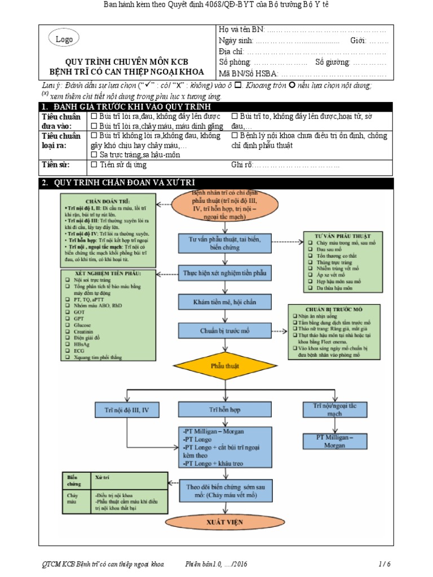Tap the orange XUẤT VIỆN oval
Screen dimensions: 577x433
(225, 522)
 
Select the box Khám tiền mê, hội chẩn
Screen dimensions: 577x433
(225, 302)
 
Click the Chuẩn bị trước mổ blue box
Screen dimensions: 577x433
(225, 331)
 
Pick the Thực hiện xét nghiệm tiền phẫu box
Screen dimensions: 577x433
(225, 273)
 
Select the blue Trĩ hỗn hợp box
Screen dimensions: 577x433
(225, 410)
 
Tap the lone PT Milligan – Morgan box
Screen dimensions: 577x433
(334, 441)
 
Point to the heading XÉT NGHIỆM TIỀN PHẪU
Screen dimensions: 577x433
(108, 274)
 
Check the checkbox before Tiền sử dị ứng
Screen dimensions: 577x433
(94, 165)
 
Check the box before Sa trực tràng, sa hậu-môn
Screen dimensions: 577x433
(94, 154)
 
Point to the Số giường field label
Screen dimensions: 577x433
(332, 63)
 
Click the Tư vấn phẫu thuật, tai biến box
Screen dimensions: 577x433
(225, 242)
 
